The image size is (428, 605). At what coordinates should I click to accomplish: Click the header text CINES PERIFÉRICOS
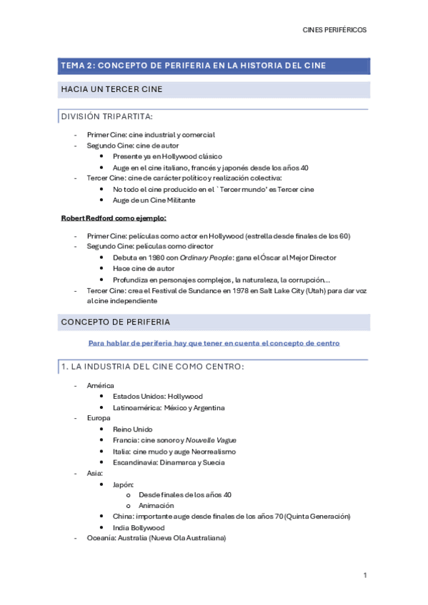click(x=335, y=31)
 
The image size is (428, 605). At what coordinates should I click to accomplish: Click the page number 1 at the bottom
click(x=365, y=575)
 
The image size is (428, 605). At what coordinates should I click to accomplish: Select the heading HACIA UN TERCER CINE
click(x=112, y=89)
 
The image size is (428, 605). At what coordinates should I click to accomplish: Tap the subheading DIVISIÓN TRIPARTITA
click(x=106, y=116)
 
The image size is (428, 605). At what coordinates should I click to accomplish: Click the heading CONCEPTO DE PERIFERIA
click(x=115, y=322)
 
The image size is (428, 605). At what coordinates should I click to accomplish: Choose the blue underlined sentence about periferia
click(x=214, y=343)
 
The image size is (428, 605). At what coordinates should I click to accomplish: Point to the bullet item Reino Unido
click(x=132, y=429)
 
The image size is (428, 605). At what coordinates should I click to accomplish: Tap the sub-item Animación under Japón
click(x=156, y=506)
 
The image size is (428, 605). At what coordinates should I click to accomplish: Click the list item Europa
click(x=99, y=418)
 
